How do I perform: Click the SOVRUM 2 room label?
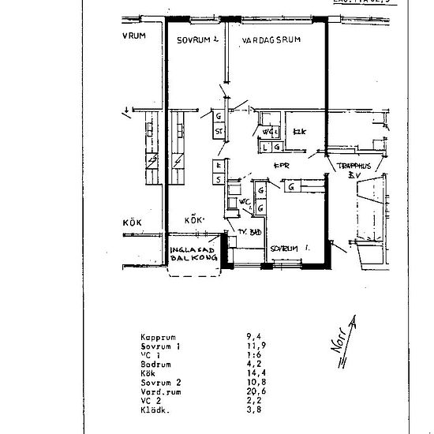pos(196,39)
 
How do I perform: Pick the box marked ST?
pos(219,131)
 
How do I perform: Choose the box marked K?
pos(217,166)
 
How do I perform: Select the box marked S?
pos(217,180)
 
